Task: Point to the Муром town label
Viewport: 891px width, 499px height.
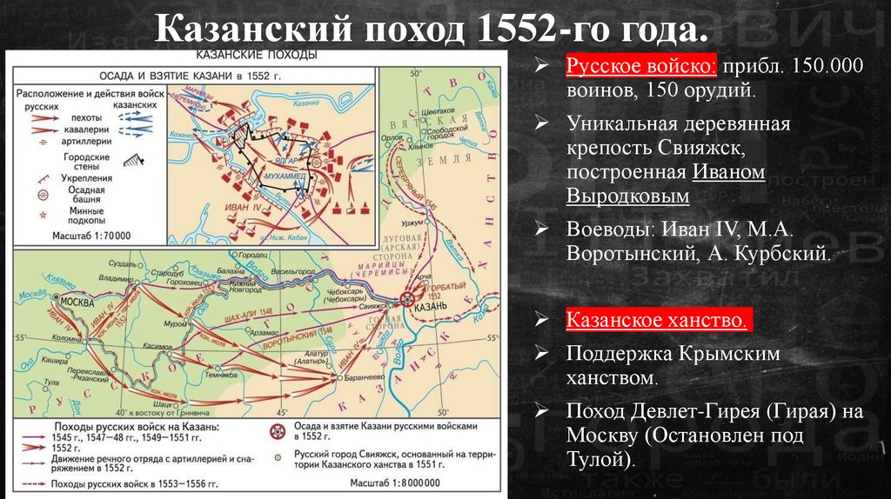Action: pos(171,322)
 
